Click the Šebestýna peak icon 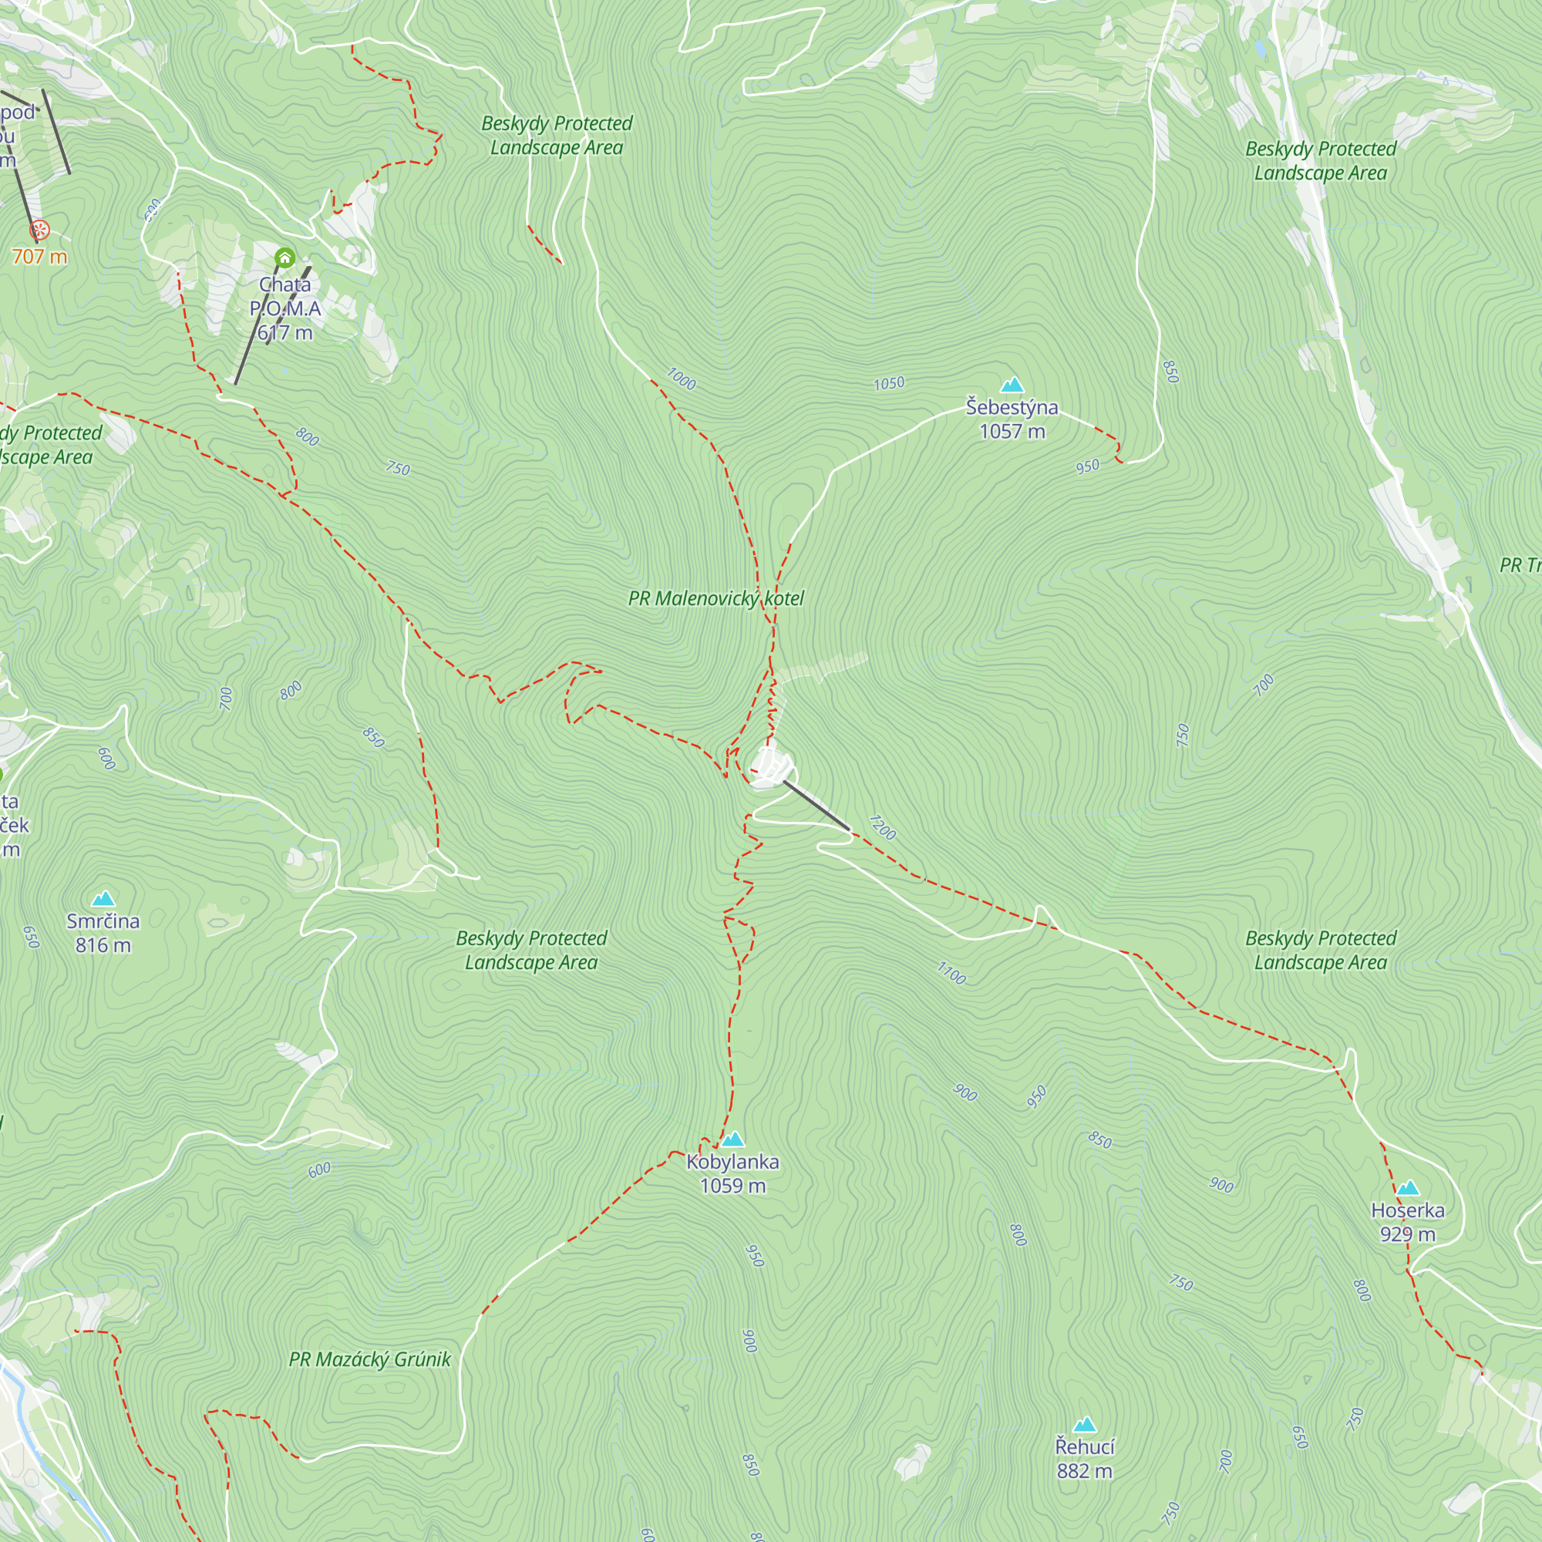(1012, 385)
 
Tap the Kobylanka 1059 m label (732, 1173)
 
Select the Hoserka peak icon (1407, 1188)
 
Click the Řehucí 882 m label (1084, 1458)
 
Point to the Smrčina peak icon (103, 900)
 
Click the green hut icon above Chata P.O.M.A (285, 258)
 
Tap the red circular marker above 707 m (39, 231)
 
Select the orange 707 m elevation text (39, 256)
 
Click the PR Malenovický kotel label (715, 598)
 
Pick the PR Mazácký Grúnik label (369, 1359)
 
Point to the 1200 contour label (882, 827)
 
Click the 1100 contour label (951, 973)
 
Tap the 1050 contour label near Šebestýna (888, 384)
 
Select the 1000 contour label (681, 379)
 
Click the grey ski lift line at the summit (816, 806)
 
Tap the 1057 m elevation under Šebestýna (1012, 432)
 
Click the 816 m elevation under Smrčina (103, 946)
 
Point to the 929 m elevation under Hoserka (1407, 1234)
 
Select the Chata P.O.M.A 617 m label (285, 308)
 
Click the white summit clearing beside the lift (768, 768)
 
